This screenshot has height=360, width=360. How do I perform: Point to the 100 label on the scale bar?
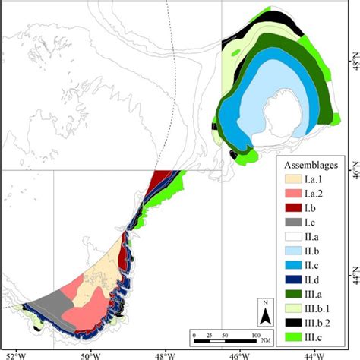coord(256,335)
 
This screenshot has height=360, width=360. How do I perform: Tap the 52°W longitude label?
coord(15,354)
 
